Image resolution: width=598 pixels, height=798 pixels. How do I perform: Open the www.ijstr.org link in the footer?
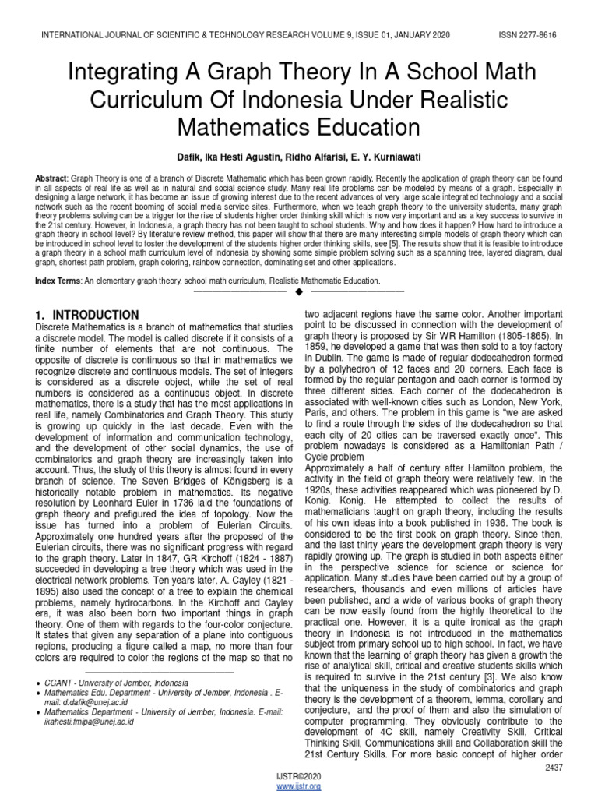pos(299,787)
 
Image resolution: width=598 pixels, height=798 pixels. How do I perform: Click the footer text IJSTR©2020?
pos(299,777)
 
